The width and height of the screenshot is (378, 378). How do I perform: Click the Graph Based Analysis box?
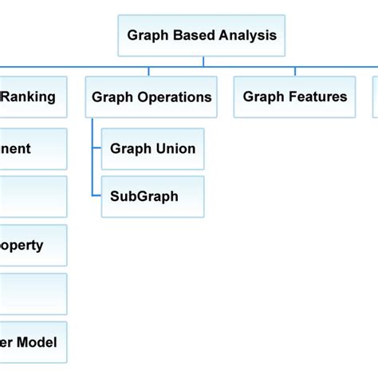pos(202,35)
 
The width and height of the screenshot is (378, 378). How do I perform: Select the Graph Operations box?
pos(152,97)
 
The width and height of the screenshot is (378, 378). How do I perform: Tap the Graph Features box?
pos(295,97)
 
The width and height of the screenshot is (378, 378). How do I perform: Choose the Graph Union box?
pos(152,148)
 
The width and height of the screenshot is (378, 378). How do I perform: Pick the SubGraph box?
pos(152,196)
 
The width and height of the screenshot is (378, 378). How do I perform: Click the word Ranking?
pos(30,97)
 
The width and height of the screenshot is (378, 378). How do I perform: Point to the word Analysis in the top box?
pos(248,35)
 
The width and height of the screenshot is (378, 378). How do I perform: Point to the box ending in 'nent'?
pos(32,148)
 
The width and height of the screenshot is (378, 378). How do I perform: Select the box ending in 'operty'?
pos(32,246)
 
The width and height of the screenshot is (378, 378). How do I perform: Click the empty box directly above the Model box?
pos(32,293)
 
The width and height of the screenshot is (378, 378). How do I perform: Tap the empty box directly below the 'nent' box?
pos(32,196)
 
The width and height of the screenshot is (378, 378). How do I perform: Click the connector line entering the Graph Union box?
pos(96,148)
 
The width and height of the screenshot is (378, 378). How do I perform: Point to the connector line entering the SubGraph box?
pos(96,196)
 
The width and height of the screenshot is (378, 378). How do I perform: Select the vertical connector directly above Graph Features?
pos(295,72)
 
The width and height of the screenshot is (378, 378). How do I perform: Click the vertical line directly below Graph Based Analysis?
pos(203,61)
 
